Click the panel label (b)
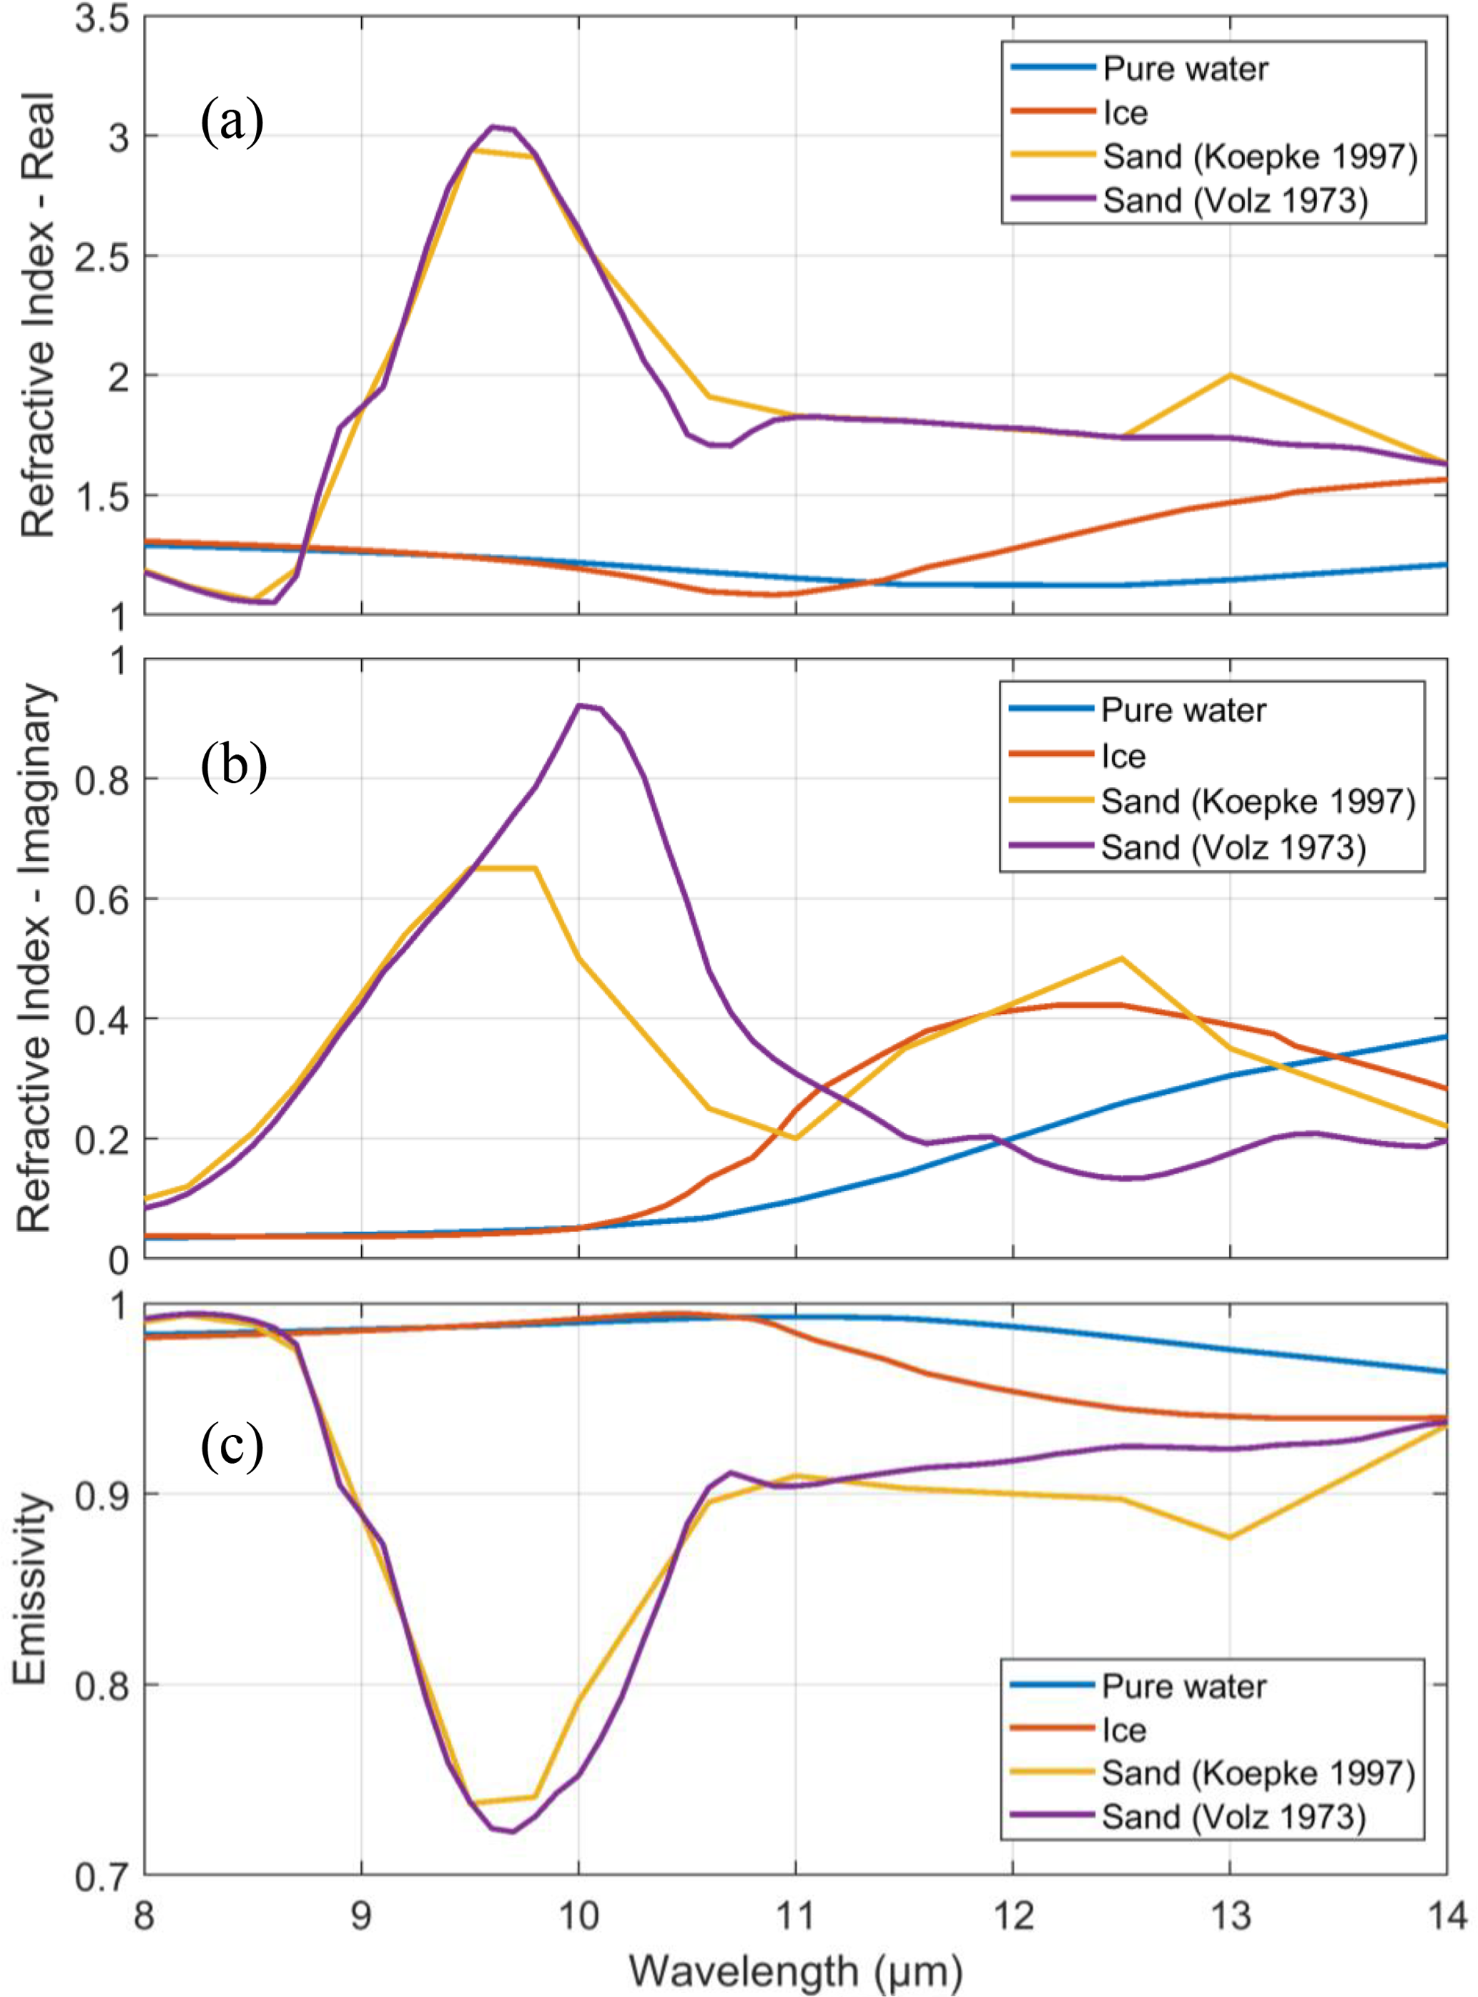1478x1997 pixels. [x=234, y=766]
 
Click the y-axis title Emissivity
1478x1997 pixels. [x=31, y=1589]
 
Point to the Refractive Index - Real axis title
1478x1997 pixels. [x=38, y=314]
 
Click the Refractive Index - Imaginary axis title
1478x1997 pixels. [x=38, y=958]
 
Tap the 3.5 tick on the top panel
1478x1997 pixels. [x=101, y=20]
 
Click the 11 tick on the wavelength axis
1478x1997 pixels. [x=795, y=1915]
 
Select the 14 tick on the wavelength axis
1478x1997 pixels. [x=1445, y=1915]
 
